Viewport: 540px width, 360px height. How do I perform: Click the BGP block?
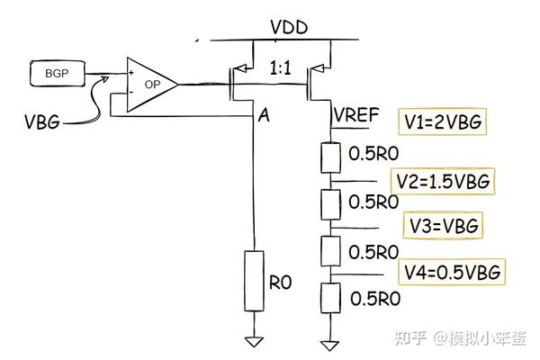pos(54,71)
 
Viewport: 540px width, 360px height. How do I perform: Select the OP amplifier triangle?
pos(148,85)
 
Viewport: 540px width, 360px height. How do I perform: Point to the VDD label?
pos(290,26)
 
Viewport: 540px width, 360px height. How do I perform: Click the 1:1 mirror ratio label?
pos(284,66)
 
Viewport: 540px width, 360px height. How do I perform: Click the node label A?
pos(264,115)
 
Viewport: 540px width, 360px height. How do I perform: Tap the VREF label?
pos(357,115)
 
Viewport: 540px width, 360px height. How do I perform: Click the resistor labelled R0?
pos(255,282)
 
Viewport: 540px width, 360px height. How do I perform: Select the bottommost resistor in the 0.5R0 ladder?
pos(330,296)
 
